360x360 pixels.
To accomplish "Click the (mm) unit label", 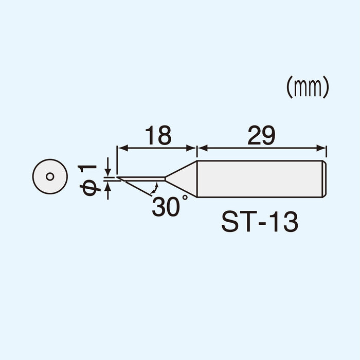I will point(308,88).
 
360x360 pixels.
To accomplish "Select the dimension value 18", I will point(157,136).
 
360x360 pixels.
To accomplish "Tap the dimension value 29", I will point(261,136).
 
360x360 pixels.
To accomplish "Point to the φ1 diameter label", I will point(89,180).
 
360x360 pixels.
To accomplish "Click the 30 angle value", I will point(166,207).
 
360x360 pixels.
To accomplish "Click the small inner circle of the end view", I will point(50,176).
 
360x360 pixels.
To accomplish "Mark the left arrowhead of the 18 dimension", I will point(121,149).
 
